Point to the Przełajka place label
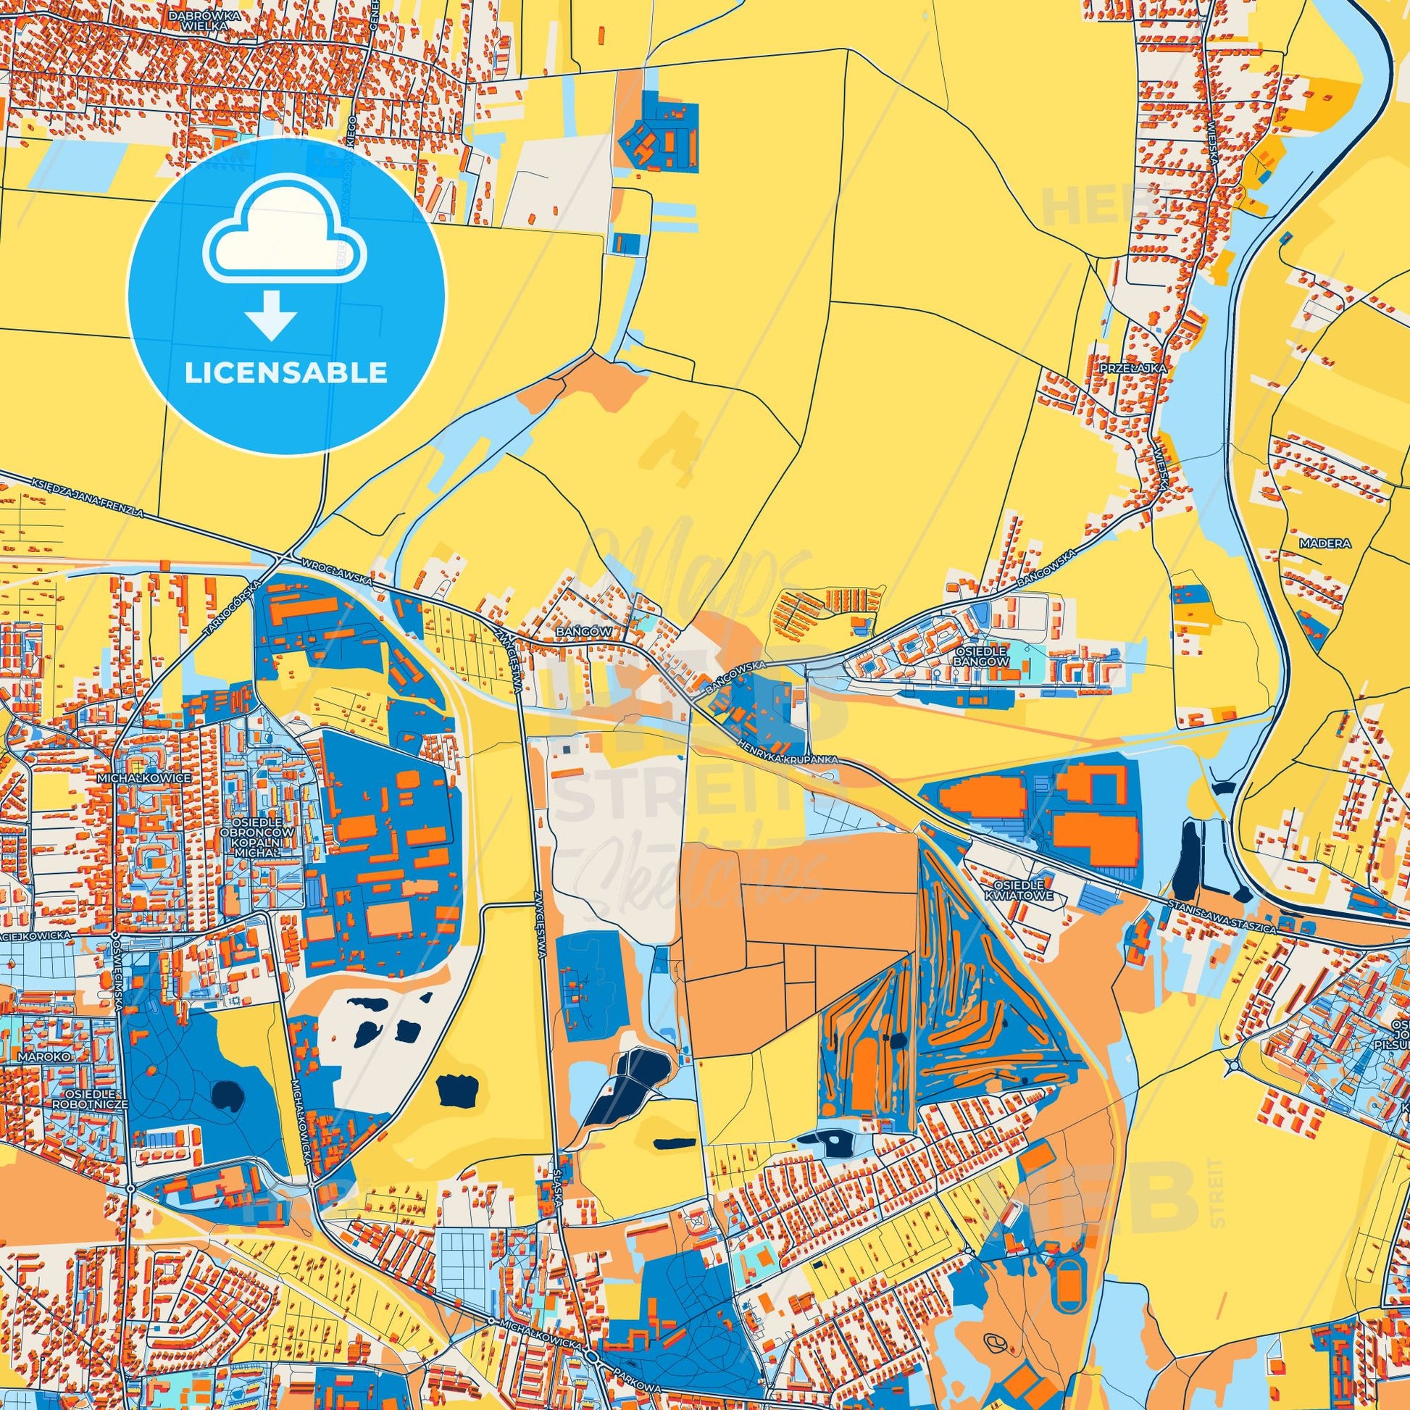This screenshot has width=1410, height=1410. coord(1133,370)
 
